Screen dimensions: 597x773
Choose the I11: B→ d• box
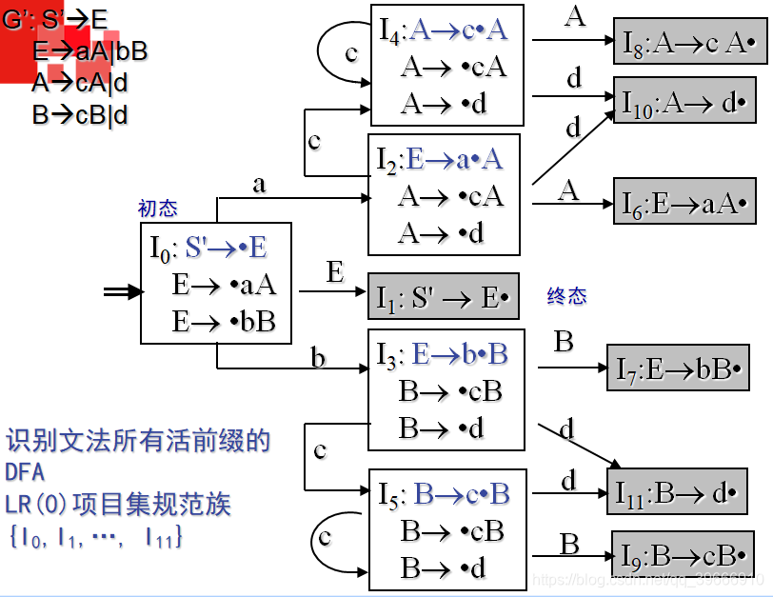pyautogui.click(x=675, y=491)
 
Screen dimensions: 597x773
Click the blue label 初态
pyautogui.click(x=157, y=209)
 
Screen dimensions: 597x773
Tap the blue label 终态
pyautogui.click(x=566, y=297)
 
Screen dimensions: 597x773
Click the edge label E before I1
pyautogui.click(x=335, y=274)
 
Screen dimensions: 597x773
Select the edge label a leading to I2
pyautogui.click(x=259, y=185)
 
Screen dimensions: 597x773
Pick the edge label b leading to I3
pyautogui.click(x=319, y=358)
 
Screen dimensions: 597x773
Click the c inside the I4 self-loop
pyautogui.click(x=351, y=53)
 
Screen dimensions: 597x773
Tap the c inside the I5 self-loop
pyautogui.click(x=325, y=537)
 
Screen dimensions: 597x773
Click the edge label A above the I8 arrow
pyautogui.click(x=574, y=17)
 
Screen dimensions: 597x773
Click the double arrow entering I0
pyautogui.click(x=122, y=293)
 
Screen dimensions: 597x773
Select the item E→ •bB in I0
pyautogui.click(x=224, y=321)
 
